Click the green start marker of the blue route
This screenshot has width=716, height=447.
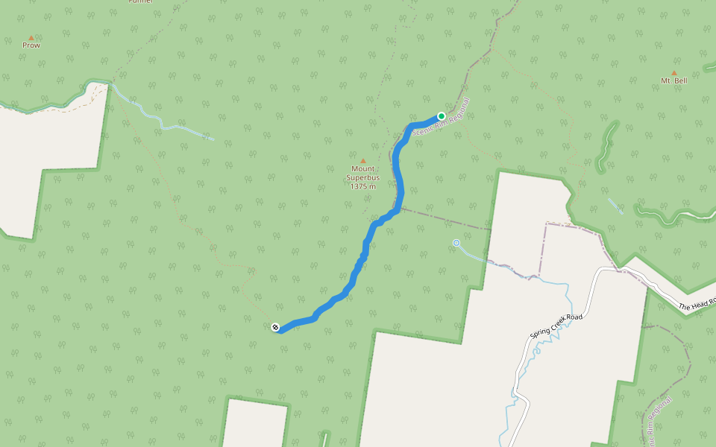pos(442,116)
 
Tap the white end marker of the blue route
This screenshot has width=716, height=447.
pos(275,327)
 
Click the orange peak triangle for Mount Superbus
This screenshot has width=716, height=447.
pos(363,161)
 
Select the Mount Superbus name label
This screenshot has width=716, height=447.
pos(363,173)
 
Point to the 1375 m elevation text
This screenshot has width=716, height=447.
pos(363,186)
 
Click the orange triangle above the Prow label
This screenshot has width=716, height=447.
pos(31,37)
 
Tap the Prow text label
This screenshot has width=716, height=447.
pos(31,45)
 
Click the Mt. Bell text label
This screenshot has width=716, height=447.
pos(674,80)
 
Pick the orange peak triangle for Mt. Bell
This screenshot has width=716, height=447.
pos(674,73)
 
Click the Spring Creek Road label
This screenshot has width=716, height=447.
pos(555,326)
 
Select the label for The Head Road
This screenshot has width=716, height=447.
pos(697,304)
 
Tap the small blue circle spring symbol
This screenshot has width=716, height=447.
pos(456,243)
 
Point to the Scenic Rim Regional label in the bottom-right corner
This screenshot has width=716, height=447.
pos(656,422)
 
